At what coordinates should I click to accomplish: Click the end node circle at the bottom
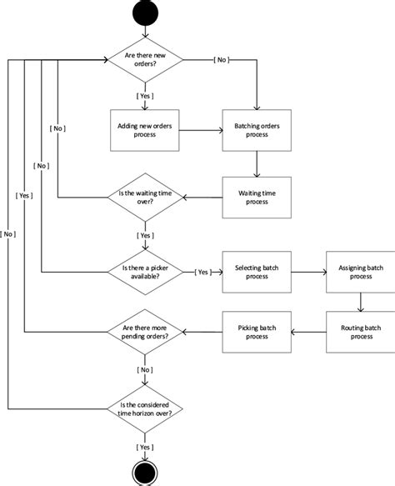(x=145, y=473)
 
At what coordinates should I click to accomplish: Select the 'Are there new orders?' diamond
(x=145, y=61)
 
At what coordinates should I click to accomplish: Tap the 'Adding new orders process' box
(x=145, y=130)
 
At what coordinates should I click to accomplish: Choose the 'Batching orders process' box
(x=257, y=130)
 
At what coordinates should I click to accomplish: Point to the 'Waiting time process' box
(x=257, y=198)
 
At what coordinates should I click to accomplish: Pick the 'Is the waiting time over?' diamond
(x=145, y=198)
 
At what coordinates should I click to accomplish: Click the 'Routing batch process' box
(x=361, y=331)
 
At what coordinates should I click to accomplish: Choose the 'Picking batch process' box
(x=257, y=331)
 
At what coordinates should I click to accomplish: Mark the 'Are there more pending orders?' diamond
(x=145, y=331)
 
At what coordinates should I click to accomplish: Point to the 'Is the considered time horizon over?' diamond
(x=145, y=408)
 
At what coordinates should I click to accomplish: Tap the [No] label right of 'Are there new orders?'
(x=222, y=60)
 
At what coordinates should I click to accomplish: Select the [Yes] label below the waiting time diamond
(x=145, y=235)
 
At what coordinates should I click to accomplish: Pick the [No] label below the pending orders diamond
(x=145, y=368)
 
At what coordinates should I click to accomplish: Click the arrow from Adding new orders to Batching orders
(x=201, y=130)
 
